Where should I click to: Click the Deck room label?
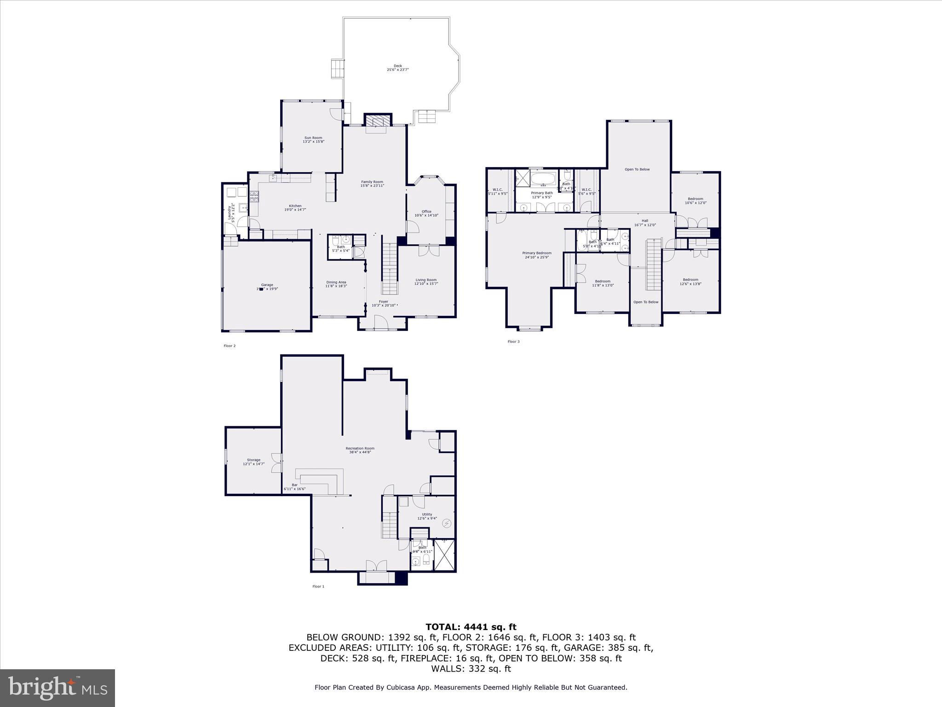click(x=397, y=68)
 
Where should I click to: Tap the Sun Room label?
click(x=313, y=139)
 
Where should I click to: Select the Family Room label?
click(x=372, y=183)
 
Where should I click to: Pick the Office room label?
click(x=426, y=213)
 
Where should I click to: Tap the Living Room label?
click(x=426, y=281)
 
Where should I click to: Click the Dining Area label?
click(x=336, y=284)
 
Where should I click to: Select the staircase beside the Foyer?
click(x=390, y=269)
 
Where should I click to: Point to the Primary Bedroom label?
click(x=536, y=255)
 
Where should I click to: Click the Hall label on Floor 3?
click(x=645, y=223)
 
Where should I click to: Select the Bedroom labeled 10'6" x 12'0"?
click(x=695, y=201)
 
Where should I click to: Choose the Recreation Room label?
click(x=360, y=450)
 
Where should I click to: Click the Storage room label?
click(x=253, y=462)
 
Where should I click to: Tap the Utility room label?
click(x=427, y=516)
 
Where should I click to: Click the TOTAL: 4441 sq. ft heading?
click(x=471, y=627)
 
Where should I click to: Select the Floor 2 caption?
click(x=230, y=346)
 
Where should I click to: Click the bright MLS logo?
click(x=57, y=688)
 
